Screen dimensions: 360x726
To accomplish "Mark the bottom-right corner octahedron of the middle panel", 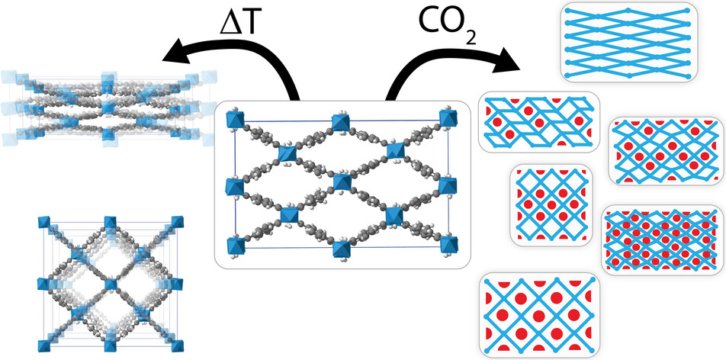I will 448,246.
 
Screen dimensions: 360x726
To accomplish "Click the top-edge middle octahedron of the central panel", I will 341,121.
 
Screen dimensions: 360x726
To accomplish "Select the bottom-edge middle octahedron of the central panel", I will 341,246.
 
